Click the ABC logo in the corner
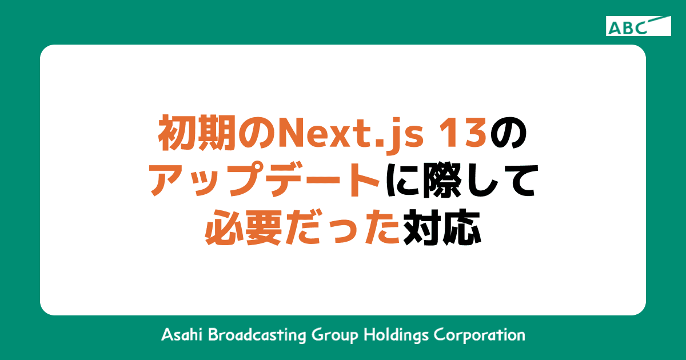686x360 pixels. pyautogui.click(x=638, y=26)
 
